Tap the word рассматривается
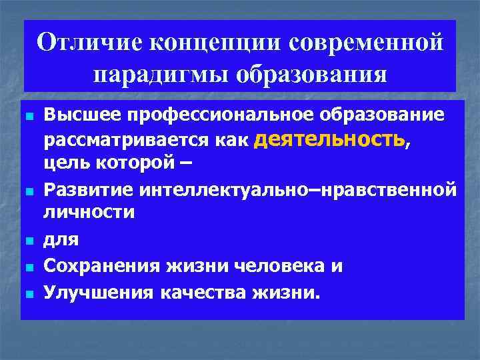pos(123,141)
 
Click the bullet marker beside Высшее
pos(28,116)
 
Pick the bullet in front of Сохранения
pos(28,267)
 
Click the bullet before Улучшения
pos(28,292)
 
